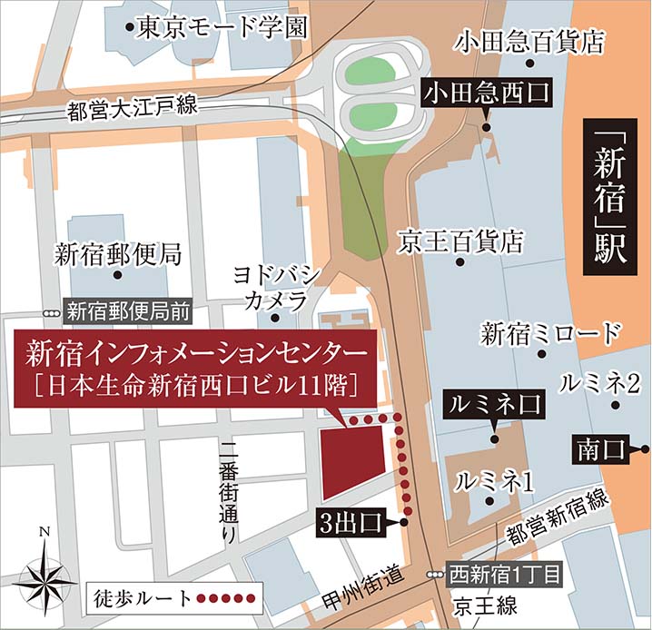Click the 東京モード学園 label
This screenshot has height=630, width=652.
pyautogui.click(x=222, y=28)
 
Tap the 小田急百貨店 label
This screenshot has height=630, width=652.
pyautogui.click(x=531, y=41)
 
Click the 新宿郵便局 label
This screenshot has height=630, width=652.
pyautogui.click(x=118, y=253)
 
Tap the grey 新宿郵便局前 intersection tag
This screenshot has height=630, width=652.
pyautogui.click(x=128, y=311)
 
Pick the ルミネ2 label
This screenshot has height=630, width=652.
pyautogui.click(x=600, y=384)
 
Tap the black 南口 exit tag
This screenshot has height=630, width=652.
pyautogui.click(x=602, y=449)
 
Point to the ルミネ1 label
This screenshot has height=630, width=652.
pyautogui.click(x=494, y=481)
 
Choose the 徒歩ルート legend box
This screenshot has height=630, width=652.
pyautogui.click(x=173, y=598)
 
